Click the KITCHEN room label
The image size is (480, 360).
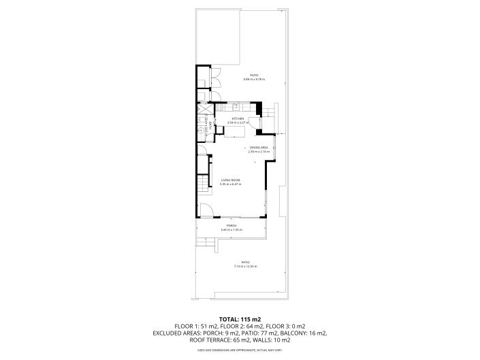[x=238, y=118]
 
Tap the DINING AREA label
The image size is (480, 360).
[x=258, y=148]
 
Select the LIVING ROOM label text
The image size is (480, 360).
[x=230, y=180]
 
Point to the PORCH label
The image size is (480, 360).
[x=231, y=226]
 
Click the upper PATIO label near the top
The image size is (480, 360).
[x=253, y=76]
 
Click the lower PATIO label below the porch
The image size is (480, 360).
[x=245, y=262]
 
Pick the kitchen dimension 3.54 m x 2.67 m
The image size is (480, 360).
[x=238, y=122]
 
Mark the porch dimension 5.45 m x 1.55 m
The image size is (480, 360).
[x=231, y=230]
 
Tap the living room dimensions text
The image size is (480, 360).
[x=230, y=184]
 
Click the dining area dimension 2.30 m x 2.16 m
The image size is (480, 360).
[x=258, y=152]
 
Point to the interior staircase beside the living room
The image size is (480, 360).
[x=202, y=184]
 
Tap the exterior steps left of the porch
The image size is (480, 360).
[x=201, y=242]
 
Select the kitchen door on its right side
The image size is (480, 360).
[x=253, y=123]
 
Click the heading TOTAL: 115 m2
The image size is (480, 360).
[x=240, y=318]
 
